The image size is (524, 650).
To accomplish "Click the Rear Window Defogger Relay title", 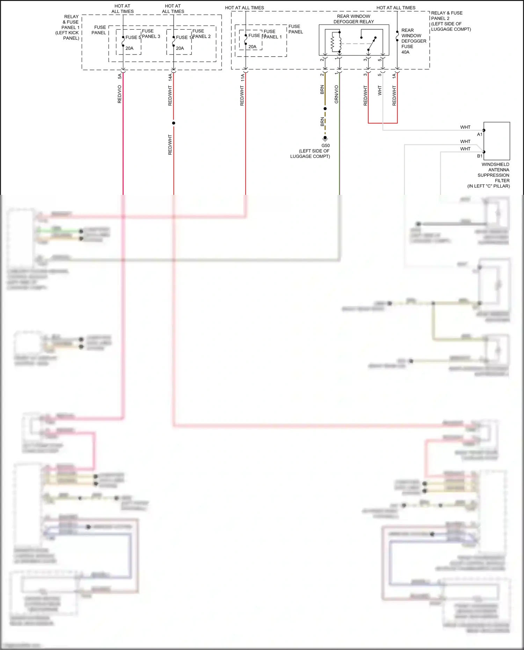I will click(x=354, y=19).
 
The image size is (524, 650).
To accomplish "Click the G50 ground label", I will click(x=325, y=146).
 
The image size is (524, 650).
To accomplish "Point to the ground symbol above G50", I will click(x=325, y=139).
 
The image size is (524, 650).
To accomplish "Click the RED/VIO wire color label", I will click(x=119, y=94).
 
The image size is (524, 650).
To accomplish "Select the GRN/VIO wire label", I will click(x=336, y=94).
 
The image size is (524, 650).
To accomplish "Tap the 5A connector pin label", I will click(x=119, y=76).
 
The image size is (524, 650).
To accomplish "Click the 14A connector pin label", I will click(x=170, y=77).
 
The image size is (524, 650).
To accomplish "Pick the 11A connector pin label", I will click(x=242, y=78).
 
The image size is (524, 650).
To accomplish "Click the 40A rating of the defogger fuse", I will click(x=405, y=52).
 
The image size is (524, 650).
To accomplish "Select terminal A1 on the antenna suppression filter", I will click(x=480, y=134).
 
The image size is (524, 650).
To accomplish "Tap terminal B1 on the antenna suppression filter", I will click(x=480, y=156).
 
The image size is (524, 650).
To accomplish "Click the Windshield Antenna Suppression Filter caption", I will click(x=493, y=175).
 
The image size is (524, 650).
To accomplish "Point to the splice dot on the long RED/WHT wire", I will click(x=174, y=123).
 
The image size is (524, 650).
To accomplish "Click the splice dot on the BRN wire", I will click(x=325, y=109).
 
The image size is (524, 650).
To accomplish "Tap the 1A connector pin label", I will click(x=394, y=75).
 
